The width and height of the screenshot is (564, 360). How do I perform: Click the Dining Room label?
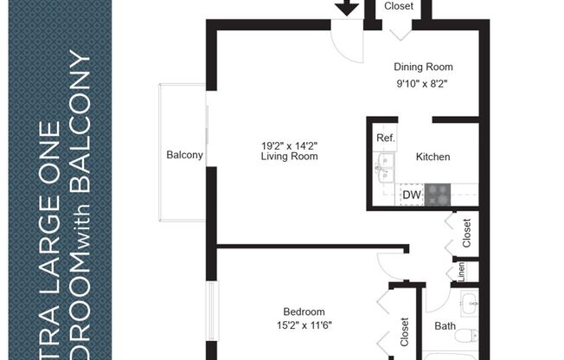pyautogui.click(x=423, y=67)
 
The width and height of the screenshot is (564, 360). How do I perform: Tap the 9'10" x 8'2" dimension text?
pyautogui.click(x=423, y=85)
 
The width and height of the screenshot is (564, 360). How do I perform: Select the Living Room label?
pyautogui.click(x=289, y=157)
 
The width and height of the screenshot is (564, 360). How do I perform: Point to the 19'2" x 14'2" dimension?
pyautogui.click(x=289, y=145)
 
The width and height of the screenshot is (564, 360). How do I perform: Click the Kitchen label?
pyautogui.click(x=433, y=157)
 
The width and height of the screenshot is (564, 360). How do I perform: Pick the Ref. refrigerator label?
pyautogui.click(x=386, y=138)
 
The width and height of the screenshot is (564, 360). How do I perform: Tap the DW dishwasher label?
pyautogui.click(x=412, y=196)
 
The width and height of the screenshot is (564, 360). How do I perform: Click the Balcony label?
pyautogui.click(x=184, y=156)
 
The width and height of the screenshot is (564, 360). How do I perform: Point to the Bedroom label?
pyautogui.click(x=304, y=312)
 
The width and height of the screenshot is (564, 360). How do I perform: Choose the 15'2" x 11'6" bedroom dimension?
pyautogui.click(x=303, y=325)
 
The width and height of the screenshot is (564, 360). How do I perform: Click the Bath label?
pyautogui.click(x=445, y=326)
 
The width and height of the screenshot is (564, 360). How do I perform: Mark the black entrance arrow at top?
pyautogui.click(x=347, y=8)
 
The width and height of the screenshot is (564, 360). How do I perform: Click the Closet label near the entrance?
pyautogui.click(x=399, y=6)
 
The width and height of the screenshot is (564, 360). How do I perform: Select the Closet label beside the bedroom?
pyautogui.click(x=404, y=332)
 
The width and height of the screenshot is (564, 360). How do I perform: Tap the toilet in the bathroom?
pyautogui.click(x=467, y=333)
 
